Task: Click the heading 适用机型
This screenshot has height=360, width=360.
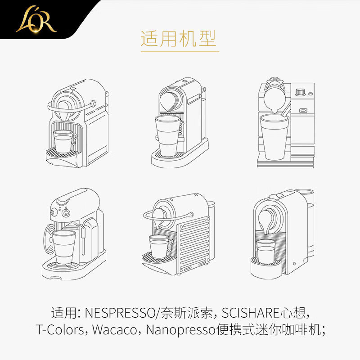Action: (x=179, y=39)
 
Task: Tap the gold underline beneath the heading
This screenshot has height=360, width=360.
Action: (x=180, y=52)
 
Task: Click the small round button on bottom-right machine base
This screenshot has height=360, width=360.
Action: (x=295, y=264)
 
